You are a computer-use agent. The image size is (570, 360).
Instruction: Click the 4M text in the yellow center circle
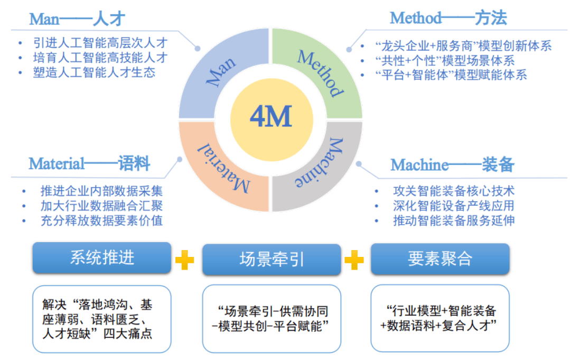coord(270,117)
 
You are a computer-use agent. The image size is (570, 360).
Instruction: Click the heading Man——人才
coord(77,19)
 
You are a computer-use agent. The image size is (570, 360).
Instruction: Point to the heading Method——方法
coord(448,18)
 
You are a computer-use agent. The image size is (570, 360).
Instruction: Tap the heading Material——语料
coord(89,163)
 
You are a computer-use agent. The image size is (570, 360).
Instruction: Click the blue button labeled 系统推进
coord(102,257)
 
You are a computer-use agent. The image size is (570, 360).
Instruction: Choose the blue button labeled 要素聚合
coord(440,259)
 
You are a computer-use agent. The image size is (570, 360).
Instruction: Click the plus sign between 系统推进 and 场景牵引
coord(185,260)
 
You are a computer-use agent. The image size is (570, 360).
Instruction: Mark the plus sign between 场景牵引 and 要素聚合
coord(354,260)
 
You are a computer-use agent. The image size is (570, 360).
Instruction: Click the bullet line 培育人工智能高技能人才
coord(100,58)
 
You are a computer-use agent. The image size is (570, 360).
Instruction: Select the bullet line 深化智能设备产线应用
coord(453,206)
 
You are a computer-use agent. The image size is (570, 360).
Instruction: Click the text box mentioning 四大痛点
coord(102,319)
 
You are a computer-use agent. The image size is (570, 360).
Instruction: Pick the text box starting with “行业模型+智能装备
coord(440,318)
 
